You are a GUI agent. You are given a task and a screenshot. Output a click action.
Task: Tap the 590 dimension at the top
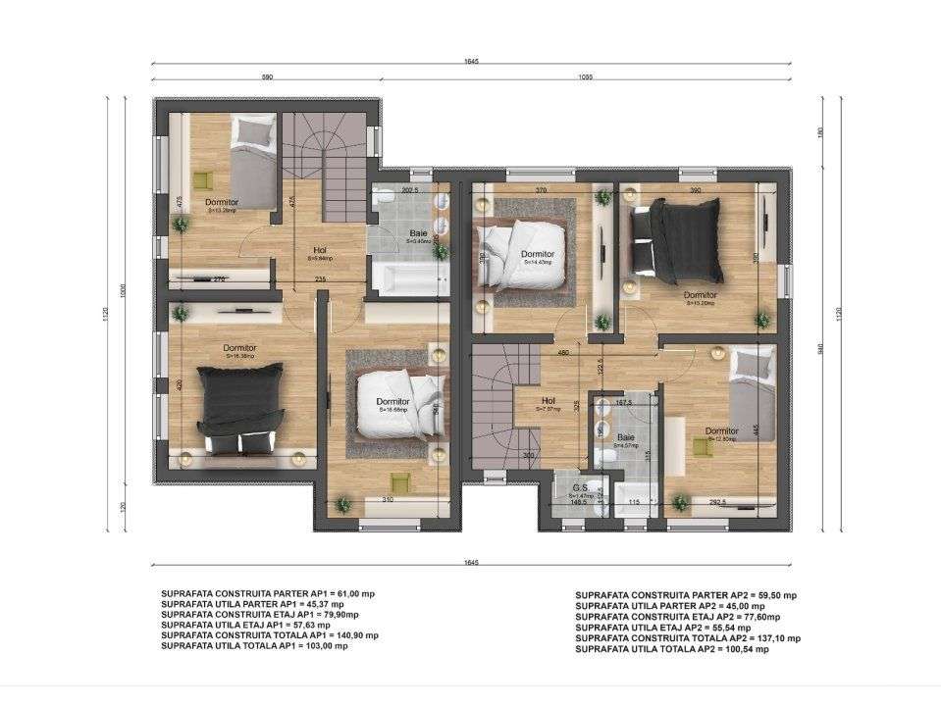[266, 76]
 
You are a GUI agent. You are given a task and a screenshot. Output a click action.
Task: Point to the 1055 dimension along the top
[586, 76]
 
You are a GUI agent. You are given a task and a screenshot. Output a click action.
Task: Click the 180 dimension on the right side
[821, 133]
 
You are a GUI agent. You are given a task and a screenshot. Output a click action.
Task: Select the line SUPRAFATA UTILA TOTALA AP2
[677, 649]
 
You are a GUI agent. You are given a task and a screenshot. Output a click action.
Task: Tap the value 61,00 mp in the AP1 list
[352, 594]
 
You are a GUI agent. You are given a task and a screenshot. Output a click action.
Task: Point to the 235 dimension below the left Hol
[320, 279]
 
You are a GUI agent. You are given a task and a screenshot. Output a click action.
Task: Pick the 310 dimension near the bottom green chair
[389, 500]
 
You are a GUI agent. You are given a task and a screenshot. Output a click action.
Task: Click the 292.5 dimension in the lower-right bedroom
[717, 502]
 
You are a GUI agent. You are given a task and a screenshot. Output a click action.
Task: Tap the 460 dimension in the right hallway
[563, 353]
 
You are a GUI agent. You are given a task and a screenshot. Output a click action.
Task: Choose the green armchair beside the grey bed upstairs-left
[202, 179]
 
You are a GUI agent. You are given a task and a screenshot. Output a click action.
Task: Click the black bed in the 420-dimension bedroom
[240, 406]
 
